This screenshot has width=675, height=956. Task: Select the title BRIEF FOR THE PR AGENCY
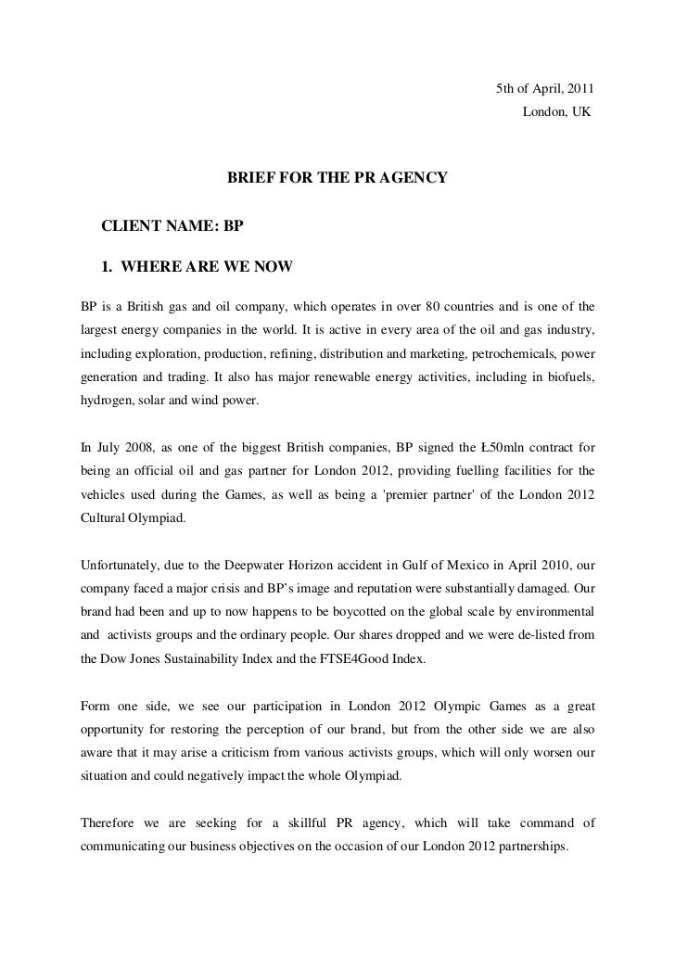coord(337,176)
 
